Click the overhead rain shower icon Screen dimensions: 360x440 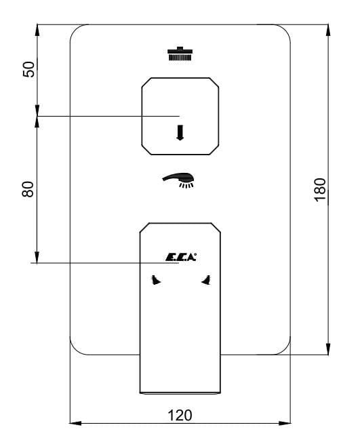click(180, 54)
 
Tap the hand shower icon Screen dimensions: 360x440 click(178, 180)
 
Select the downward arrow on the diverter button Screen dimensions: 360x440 click(180, 132)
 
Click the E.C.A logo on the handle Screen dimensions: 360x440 click(181, 258)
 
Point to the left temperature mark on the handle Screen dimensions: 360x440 click(155, 280)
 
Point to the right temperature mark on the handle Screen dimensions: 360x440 click(207, 280)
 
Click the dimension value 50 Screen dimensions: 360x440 click(29, 68)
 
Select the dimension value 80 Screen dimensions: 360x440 click(28, 189)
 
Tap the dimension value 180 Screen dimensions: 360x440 click(320, 190)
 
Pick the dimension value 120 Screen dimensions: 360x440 click(180, 416)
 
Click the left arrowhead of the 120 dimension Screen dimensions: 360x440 click(75, 423)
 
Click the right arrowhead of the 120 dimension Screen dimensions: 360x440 click(285, 423)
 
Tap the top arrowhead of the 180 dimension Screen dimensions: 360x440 click(328, 31)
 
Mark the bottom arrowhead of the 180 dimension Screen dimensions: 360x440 click(328, 348)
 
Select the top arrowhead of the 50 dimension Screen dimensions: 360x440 click(37, 31)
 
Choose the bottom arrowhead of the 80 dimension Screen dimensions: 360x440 click(37, 257)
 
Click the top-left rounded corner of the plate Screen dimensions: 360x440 click(76, 31)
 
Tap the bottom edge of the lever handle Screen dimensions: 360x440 click(180, 393)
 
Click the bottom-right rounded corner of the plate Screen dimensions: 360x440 click(285, 348)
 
